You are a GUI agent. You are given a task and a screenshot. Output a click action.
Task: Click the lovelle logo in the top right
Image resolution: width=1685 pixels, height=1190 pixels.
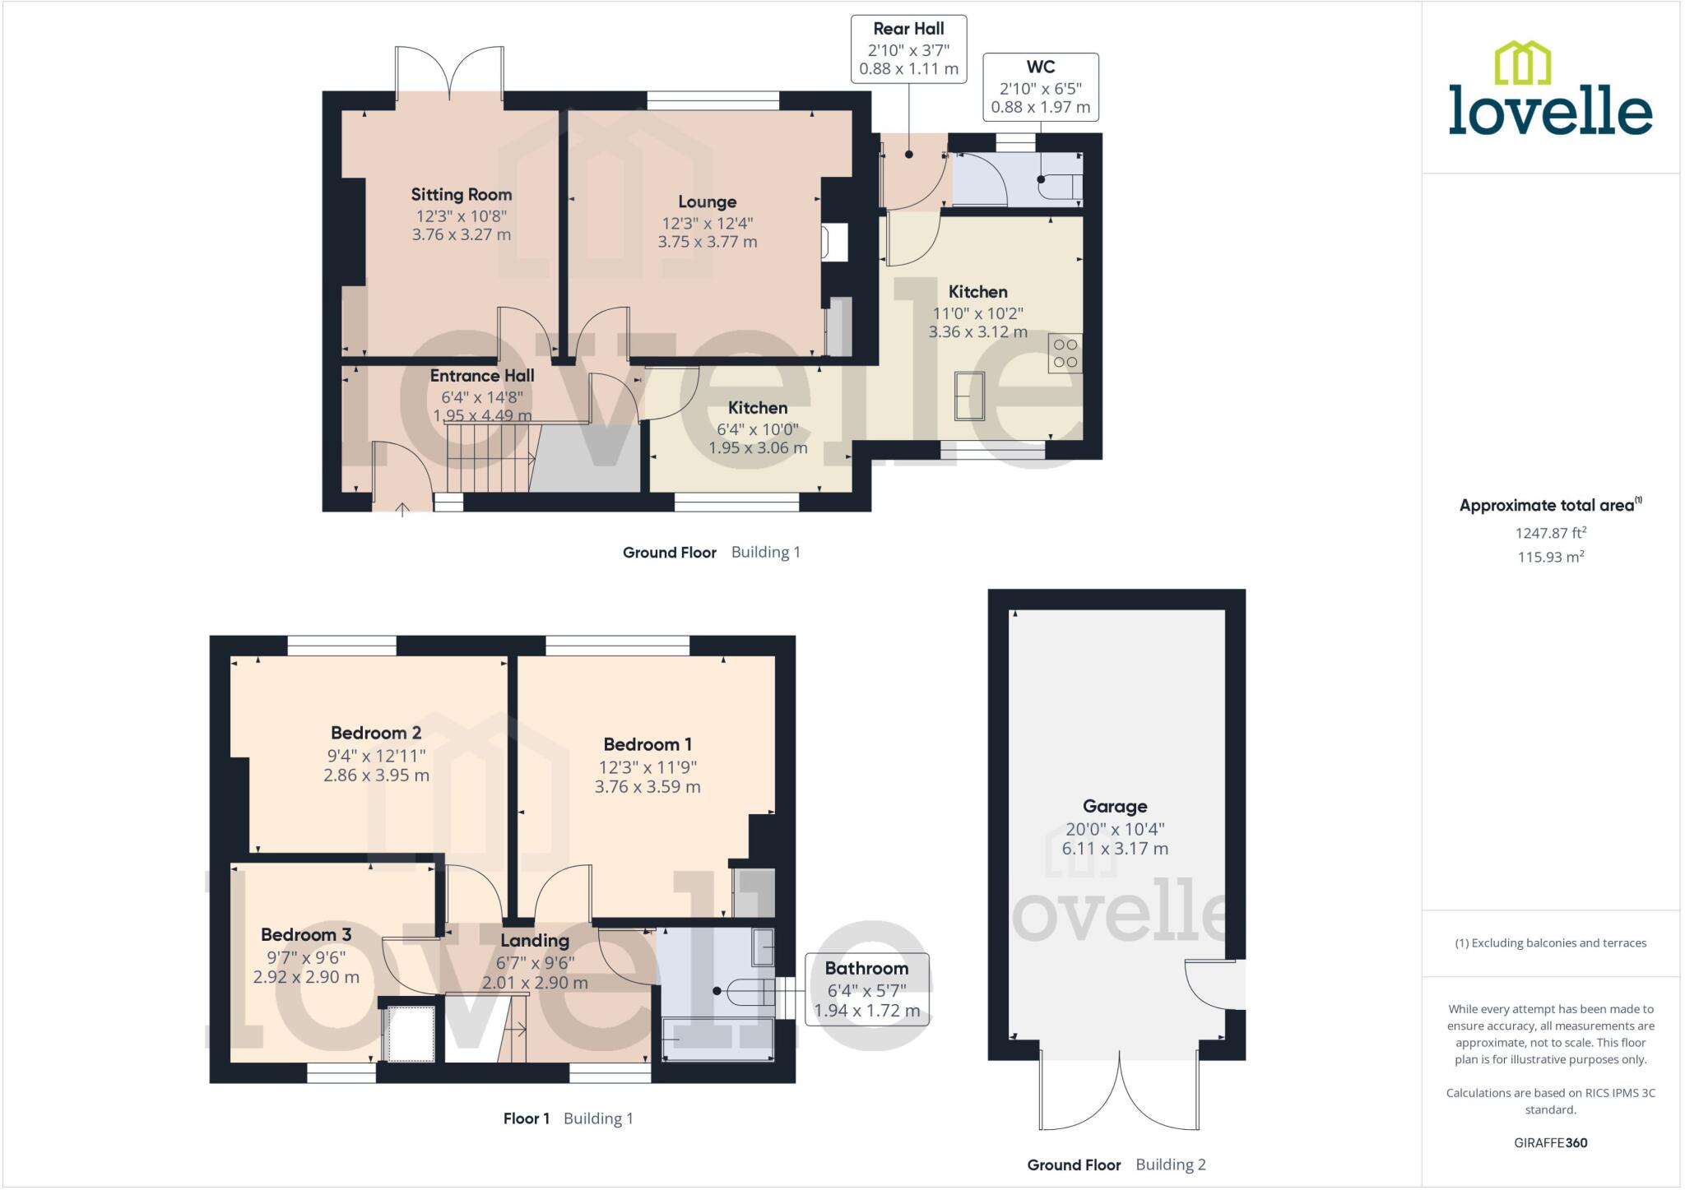click(1550, 90)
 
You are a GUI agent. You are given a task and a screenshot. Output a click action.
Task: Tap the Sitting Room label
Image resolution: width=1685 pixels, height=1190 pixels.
click(461, 195)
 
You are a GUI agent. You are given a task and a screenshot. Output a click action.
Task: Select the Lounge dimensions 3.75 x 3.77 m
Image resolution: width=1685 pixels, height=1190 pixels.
click(707, 242)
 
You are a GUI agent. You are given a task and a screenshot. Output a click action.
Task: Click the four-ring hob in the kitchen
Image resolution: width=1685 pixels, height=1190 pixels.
click(1065, 354)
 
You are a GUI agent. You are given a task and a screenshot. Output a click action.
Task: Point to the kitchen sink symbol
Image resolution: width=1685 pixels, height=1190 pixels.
click(969, 396)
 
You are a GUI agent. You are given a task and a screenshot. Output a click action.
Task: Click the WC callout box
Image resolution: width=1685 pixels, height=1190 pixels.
click(1040, 86)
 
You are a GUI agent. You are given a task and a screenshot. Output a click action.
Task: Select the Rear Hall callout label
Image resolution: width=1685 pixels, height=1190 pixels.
click(908, 30)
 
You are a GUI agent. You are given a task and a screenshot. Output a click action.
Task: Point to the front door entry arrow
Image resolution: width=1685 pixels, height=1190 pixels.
click(402, 510)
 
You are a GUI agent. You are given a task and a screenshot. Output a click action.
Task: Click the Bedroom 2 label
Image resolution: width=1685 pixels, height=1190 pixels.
click(376, 733)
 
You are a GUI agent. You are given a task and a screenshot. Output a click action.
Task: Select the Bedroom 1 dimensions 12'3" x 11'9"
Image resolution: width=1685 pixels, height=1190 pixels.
click(648, 766)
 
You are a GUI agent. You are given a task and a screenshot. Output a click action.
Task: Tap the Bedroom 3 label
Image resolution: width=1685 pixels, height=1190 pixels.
click(306, 934)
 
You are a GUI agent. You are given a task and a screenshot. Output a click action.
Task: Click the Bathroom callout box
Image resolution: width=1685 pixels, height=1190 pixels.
click(866, 989)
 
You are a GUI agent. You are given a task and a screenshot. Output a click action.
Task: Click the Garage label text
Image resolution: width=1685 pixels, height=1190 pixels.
click(1114, 806)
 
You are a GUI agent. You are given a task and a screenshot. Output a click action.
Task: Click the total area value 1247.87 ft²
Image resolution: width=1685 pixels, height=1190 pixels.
click(1550, 533)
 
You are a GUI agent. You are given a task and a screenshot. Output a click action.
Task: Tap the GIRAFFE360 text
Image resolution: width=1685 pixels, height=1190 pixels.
click(1550, 1142)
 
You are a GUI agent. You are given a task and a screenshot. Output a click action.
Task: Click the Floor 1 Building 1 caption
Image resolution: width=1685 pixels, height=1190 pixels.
click(568, 1118)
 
